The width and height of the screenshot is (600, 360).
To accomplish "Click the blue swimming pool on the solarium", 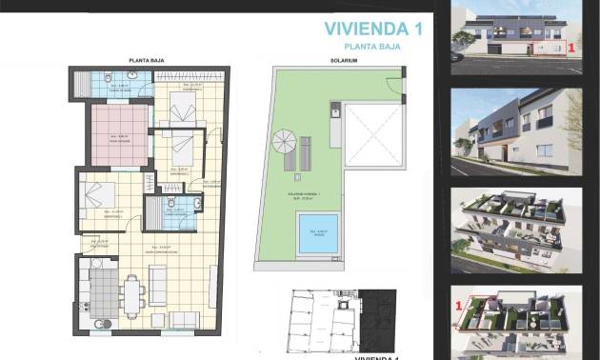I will pyautogui.click(x=320, y=233).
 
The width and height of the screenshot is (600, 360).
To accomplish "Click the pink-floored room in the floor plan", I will pyautogui.click(x=119, y=137).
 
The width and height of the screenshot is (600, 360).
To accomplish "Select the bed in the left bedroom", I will pyautogui.click(x=99, y=199).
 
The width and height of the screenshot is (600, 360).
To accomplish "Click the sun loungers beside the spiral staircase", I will pyautogui.click(x=307, y=152).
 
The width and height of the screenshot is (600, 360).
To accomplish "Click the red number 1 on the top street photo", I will pyautogui.click(x=570, y=45).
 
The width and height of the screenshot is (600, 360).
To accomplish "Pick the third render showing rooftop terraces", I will pyautogui.click(x=516, y=227).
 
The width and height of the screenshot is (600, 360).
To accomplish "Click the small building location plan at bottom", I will pyautogui.click(x=330, y=319).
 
